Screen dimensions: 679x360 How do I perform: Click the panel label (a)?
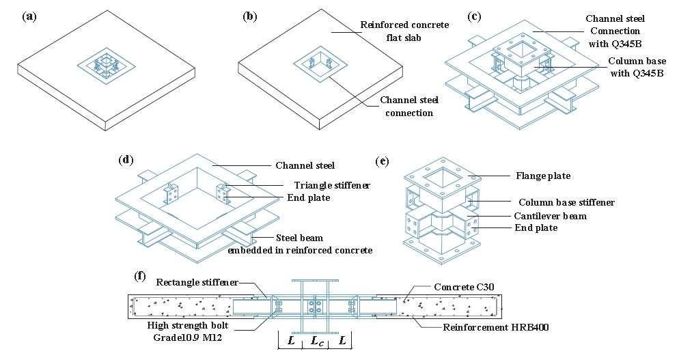(30, 17)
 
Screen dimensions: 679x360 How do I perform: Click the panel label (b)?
(250, 17)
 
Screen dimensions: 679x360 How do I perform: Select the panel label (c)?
(475, 17)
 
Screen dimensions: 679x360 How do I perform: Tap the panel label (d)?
(126, 160)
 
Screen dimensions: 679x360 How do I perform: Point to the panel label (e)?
(382, 162)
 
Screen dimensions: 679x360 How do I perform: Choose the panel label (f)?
(139, 276)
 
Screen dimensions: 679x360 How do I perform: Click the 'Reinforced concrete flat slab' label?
(404, 31)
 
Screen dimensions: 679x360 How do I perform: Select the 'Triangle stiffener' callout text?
(332, 185)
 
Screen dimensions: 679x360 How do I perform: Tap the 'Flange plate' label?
(543, 176)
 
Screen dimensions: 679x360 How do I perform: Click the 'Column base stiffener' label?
(566, 202)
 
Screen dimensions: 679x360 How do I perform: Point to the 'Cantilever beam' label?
(550, 216)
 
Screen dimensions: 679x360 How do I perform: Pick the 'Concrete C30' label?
(464, 287)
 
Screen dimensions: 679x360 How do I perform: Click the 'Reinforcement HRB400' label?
(495, 327)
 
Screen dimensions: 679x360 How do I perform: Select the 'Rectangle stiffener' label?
(197, 282)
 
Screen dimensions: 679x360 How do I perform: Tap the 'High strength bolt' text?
(187, 325)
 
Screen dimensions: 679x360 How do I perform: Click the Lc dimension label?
(318, 340)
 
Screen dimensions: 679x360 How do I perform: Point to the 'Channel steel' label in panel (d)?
(305, 165)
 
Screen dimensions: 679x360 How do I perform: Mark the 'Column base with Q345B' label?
(637, 67)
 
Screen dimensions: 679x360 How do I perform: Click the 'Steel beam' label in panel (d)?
(300, 238)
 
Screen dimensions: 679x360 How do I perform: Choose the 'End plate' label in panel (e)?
(536, 228)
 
